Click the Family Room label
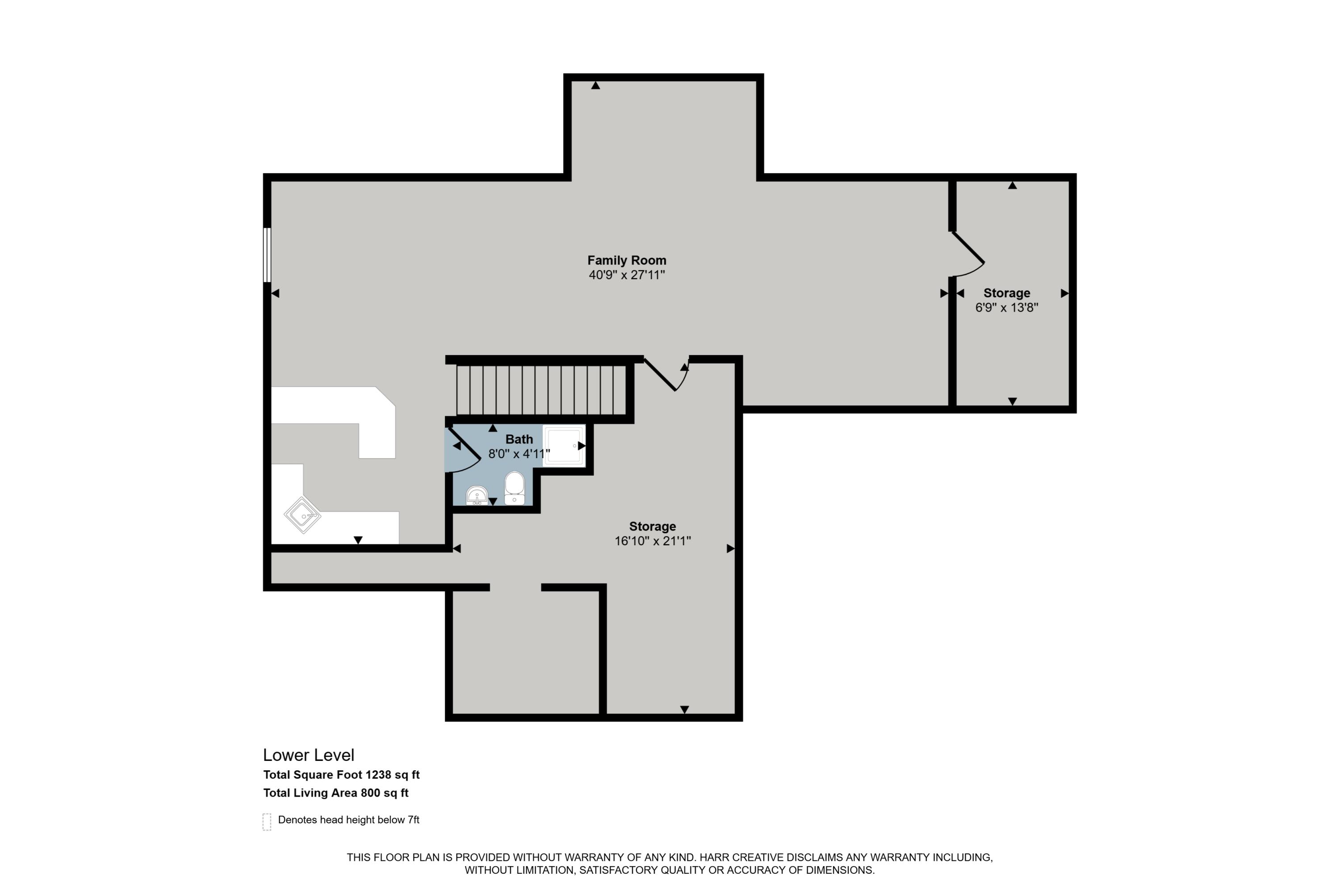[627, 260]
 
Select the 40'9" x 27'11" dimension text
[627, 275]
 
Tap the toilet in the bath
[515, 488]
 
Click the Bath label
[519, 439]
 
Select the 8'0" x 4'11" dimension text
[519, 454]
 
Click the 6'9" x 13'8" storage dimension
[1007, 308]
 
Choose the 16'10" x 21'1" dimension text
[652, 541]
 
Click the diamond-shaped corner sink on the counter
[302, 515]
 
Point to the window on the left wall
[267, 255]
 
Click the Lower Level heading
[308, 755]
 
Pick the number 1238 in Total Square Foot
[378, 775]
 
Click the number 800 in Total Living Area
[370, 793]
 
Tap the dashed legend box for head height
[267, 822]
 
